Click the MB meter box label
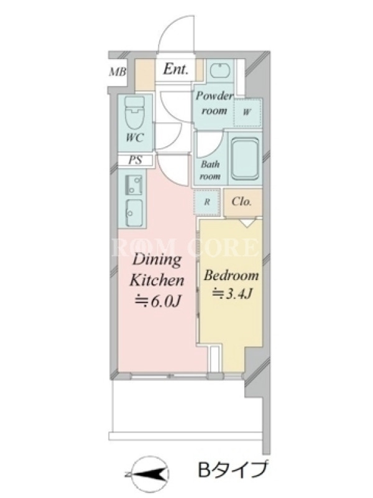[x=117, y=72]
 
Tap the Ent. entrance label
[x=175, y=69]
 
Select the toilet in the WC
[x=134, y=113]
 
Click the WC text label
[x=134, y=138]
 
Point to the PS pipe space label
[x=135, y=160]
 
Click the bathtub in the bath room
[x=244, y=159]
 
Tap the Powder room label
[x=214, y=103]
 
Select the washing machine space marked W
[x=247, y=112]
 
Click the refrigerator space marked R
[x=207, y=202]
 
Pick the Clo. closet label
[x=241, y=202]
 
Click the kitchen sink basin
[x=134, y=213]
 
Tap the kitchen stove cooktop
[x=133, y=184]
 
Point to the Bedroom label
[x=231, y=275]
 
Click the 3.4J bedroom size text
[x=232, y=294]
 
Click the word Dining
[x=157, y=260]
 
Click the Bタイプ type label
[x=233, y=470]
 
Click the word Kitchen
[x=157, y=280]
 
